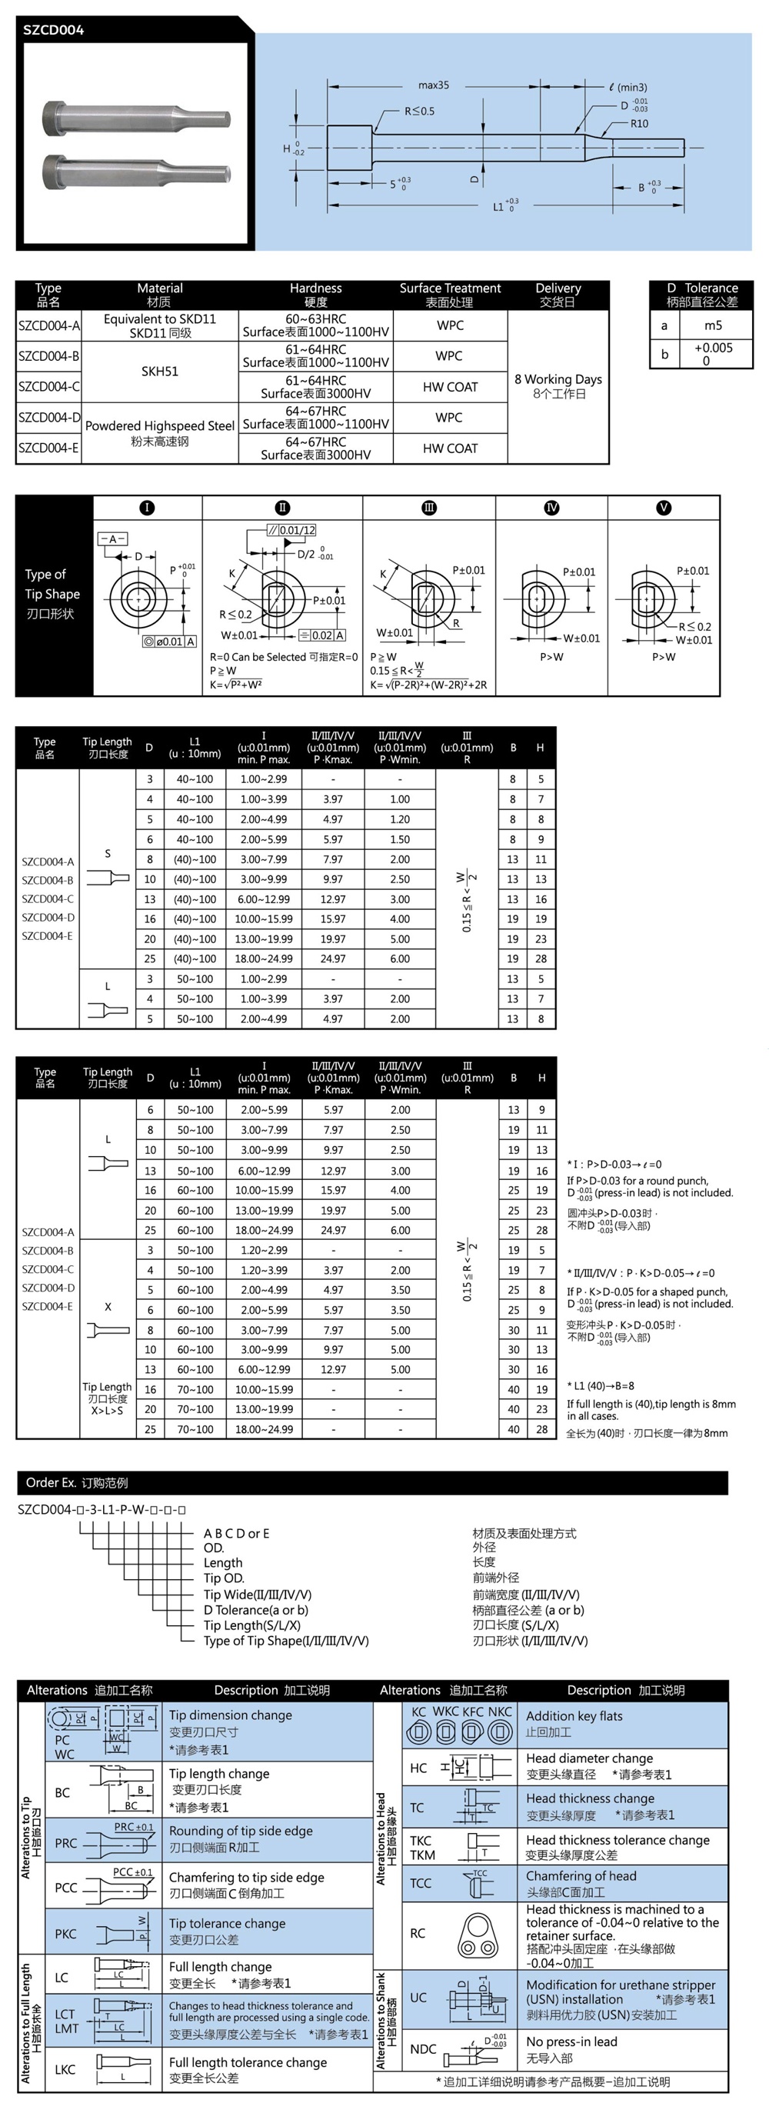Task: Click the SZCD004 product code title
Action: pyautogui.click(x=53, y=30)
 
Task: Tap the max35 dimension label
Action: pyautogui.click(x=433, y=85)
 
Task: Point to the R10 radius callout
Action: pyautogui.click(x=638, y=124)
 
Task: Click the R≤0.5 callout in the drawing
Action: pyautogui.click(x=419, y=111)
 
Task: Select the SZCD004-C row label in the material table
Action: pyautogui.click(x=48, y=386)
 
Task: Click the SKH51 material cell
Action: pyautogui.click(x=160, y=372)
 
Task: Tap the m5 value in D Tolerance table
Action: pyautogui.click(x=712, y=325)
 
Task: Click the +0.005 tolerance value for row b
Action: pyautogui.click(x=712, y=348)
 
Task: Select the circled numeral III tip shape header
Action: pyautogui.click(x=429, y=508)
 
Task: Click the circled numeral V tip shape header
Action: pyautogui.click(x=664, y=508)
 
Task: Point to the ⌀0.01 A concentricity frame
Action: pyautogui.click(x=170, y=642)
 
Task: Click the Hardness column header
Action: pyautogui.click(x=315, y=288)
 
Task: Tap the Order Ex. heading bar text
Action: pyautogui.click(x=76, y=1482)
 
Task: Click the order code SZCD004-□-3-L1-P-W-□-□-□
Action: pyautogui.click(x=102, y=1509)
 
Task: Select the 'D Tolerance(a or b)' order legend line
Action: pyautogui.click(x=256, y=1609)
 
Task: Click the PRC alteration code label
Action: pyautogui.click(x=65, y=1843)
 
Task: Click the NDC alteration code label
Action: pyautogui.click(x=422, y=2049)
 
